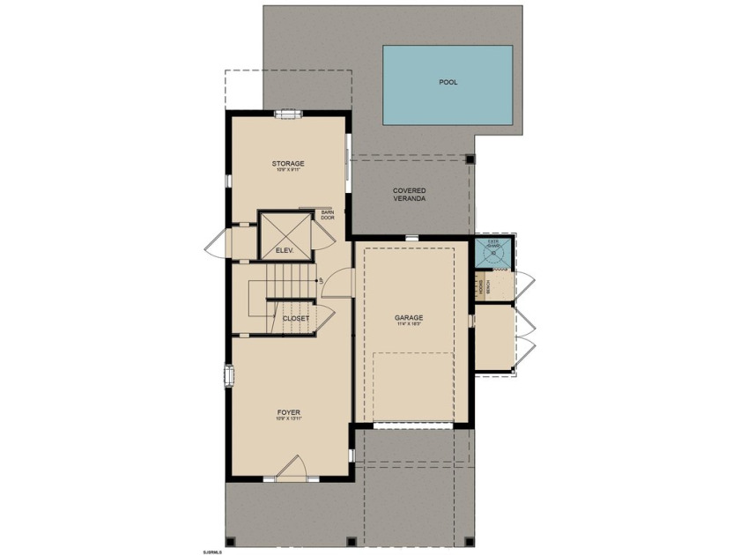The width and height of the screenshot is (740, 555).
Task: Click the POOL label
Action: pyautogui.click(x=448, y=83)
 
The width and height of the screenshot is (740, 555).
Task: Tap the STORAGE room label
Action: pyautogui.click(x=287, y=164)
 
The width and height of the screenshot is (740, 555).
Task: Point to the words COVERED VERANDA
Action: pyautogui.click(x=410, y=195)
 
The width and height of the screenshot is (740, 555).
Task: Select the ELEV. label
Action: pyautogui.click(x=284, y=251)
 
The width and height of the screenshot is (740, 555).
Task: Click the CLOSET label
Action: pyautogui.click(x=295, y=318)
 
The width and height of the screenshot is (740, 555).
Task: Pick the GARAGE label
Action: pyautogui.click(x=409, y=317)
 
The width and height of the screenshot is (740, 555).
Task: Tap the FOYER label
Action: pyautogui.click(x=289, y=411)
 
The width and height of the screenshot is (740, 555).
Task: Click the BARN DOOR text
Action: pyautogui.click(x=328, y=216)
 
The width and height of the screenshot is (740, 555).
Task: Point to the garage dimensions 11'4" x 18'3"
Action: pyautogui.click(x=409, y=325)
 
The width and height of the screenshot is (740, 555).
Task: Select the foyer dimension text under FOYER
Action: pyautogui.click(x=289, y=419)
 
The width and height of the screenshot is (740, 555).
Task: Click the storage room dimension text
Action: pyautogui.click(x=287, y=172)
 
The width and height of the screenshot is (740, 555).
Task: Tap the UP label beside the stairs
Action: pyautogui.click(x=322, y=280)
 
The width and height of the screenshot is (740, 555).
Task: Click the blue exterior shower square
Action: pyautogui.click(x=493, y=252)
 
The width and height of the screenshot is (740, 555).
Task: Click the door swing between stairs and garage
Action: pyautogui.click(x=342, y=284)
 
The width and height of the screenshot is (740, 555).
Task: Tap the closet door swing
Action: pyautogui.click(x=323, y=318)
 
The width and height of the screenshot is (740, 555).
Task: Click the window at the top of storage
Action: pyautogui.click(x=287, y=113)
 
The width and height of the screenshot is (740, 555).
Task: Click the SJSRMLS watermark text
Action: pyautogui.click(x=214, y=551)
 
